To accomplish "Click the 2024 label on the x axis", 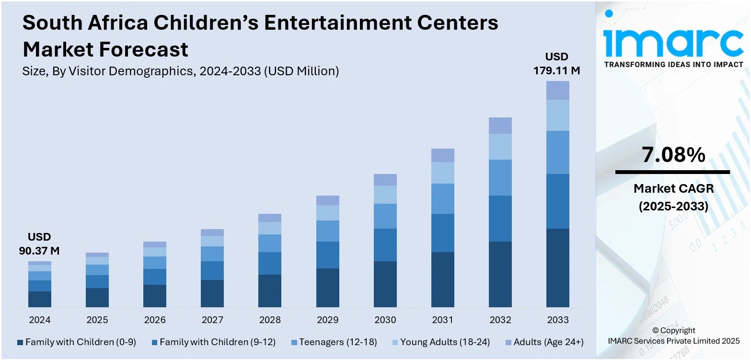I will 40,320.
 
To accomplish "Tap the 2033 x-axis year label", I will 558,320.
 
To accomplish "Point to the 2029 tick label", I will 328,320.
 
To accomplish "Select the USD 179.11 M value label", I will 557,64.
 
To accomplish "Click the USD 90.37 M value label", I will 39,244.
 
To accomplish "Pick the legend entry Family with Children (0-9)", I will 77,342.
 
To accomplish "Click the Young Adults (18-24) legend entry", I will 441,342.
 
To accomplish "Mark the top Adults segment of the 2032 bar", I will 500,126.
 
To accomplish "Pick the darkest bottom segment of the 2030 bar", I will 385,284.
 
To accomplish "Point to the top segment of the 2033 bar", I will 558,90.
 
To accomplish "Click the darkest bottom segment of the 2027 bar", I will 212,293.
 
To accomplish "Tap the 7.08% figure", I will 673,155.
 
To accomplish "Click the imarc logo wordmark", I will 673,43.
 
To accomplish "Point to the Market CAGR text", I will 673,189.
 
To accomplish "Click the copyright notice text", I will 673,336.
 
